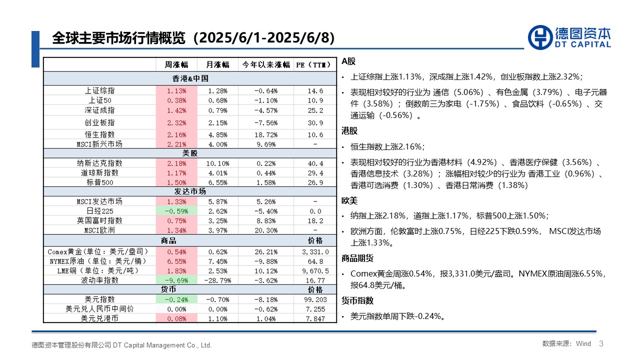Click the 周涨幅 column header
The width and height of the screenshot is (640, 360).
click(x=176, y=64)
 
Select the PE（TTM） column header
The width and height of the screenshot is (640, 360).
click(x=315, y=64)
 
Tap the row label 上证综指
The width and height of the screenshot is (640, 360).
click(x=99, y=91)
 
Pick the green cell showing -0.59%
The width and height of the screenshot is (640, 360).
click(x=176, y=211)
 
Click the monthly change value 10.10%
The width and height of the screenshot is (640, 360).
click(x=217, y=163)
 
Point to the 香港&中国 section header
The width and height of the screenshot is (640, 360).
click(x=190, y=78)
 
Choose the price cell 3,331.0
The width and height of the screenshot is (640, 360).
click(x=315, y=252)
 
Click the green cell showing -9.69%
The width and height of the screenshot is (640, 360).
click(x=176, y=280)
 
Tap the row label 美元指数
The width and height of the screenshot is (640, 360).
click(x=99, y=299)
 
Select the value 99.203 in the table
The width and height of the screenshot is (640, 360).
click(x=315, y=299)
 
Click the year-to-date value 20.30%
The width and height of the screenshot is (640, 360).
click(x=265, y=230)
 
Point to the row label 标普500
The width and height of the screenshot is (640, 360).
click(x=99, y=182)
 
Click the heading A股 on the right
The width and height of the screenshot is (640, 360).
click(x=348, y=61)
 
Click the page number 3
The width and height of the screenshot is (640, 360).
click(x=601, y=343)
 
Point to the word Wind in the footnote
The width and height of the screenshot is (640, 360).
click(x=583, y=344)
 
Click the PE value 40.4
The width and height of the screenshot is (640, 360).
click(x=315, y=163)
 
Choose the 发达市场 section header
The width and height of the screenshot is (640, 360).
click(x=190, y=191)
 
